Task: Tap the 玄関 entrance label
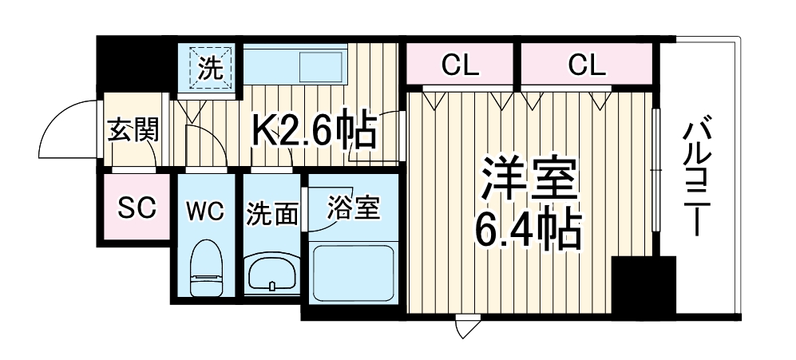132,129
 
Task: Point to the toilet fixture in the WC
206,268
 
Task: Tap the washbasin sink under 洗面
273,274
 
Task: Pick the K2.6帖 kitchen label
314,130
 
